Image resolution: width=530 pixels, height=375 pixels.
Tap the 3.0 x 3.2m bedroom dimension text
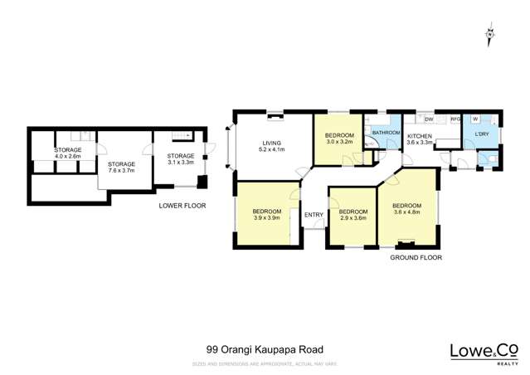pyautogui.click(x=339, y=142)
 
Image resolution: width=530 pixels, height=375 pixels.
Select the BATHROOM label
pyautogui.click(x=386, y=133)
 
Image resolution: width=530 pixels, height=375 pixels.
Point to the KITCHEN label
pyautogui.click(x=419, y=135)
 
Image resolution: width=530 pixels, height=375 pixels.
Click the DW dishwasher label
pyautogui.click(x=429, y=119)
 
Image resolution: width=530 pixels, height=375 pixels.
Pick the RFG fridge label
pyautogui.click(x=454, y=119)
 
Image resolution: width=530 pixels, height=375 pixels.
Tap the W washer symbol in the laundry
pyautogui.click(x=474, y=119)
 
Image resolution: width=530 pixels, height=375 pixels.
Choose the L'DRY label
pyautogui.click(x=483, y=134)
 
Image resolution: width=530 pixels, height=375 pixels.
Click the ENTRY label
pyautogui.click(x=314, y=216)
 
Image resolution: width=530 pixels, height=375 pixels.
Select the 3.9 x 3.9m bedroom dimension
pyautogui.click(x=266, y=219)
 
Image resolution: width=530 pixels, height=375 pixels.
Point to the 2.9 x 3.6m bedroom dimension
pyautogui.click(x=353, y=218)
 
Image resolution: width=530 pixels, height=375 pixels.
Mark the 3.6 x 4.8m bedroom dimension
pyautogui.click(x=406, y=212)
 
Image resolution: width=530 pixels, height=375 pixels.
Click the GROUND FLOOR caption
pyautogui.click(x=416, y=258)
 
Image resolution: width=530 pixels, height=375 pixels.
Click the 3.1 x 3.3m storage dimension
pyautogui.click(x=180, y=163)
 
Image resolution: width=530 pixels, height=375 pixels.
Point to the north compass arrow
pyautogui.click(x=489, y=34)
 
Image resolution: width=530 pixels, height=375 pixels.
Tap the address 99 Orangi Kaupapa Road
pyautogui.click(x=264, y=350)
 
